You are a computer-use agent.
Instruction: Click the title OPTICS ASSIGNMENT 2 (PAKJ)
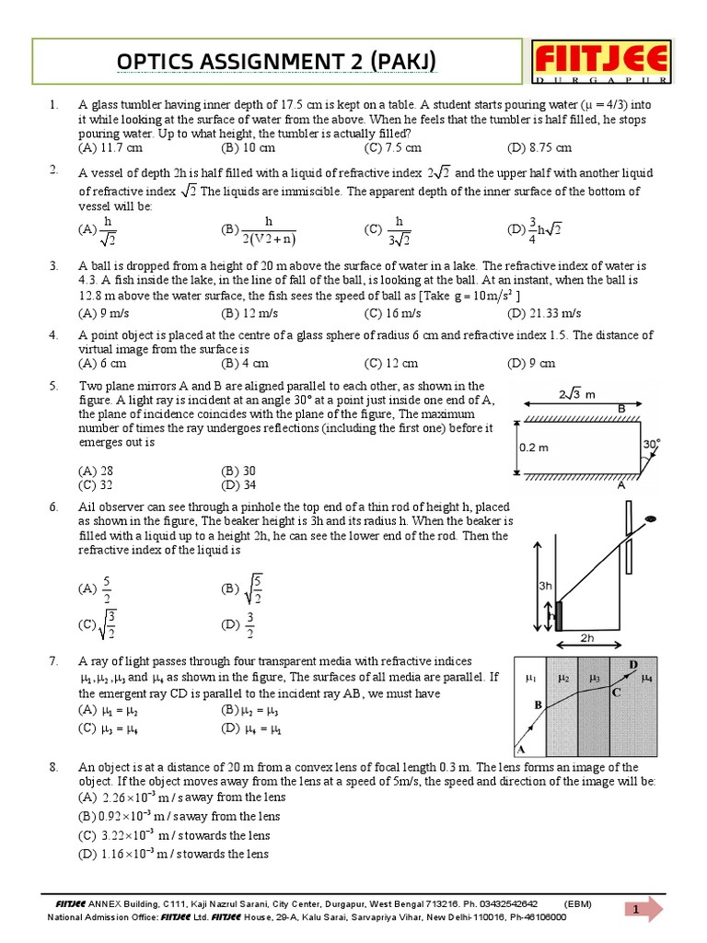pyautogui.click(x=276, y=62)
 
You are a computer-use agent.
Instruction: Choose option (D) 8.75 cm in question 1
pyautogui.click(x=539, y=147)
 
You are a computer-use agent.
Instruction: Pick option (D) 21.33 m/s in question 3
pyautogui.click(x=543, y=312)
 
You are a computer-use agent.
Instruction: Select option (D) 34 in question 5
pyautogui.click(x=238, y=484)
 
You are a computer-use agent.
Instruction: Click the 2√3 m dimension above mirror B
pyautogui.click(x=578, y=394)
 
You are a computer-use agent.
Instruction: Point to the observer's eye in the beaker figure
pyautogui.click(x=650, y=520)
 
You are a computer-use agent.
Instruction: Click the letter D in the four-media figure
pyautogui.click(x=633, y=664)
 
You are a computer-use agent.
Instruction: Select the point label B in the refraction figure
pyautogui.click(x=539, y=704)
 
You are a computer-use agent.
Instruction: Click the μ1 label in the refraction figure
pyautogui.click(x=530, y=678)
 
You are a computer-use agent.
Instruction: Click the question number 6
pyautogui.click(x=54, y=507)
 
